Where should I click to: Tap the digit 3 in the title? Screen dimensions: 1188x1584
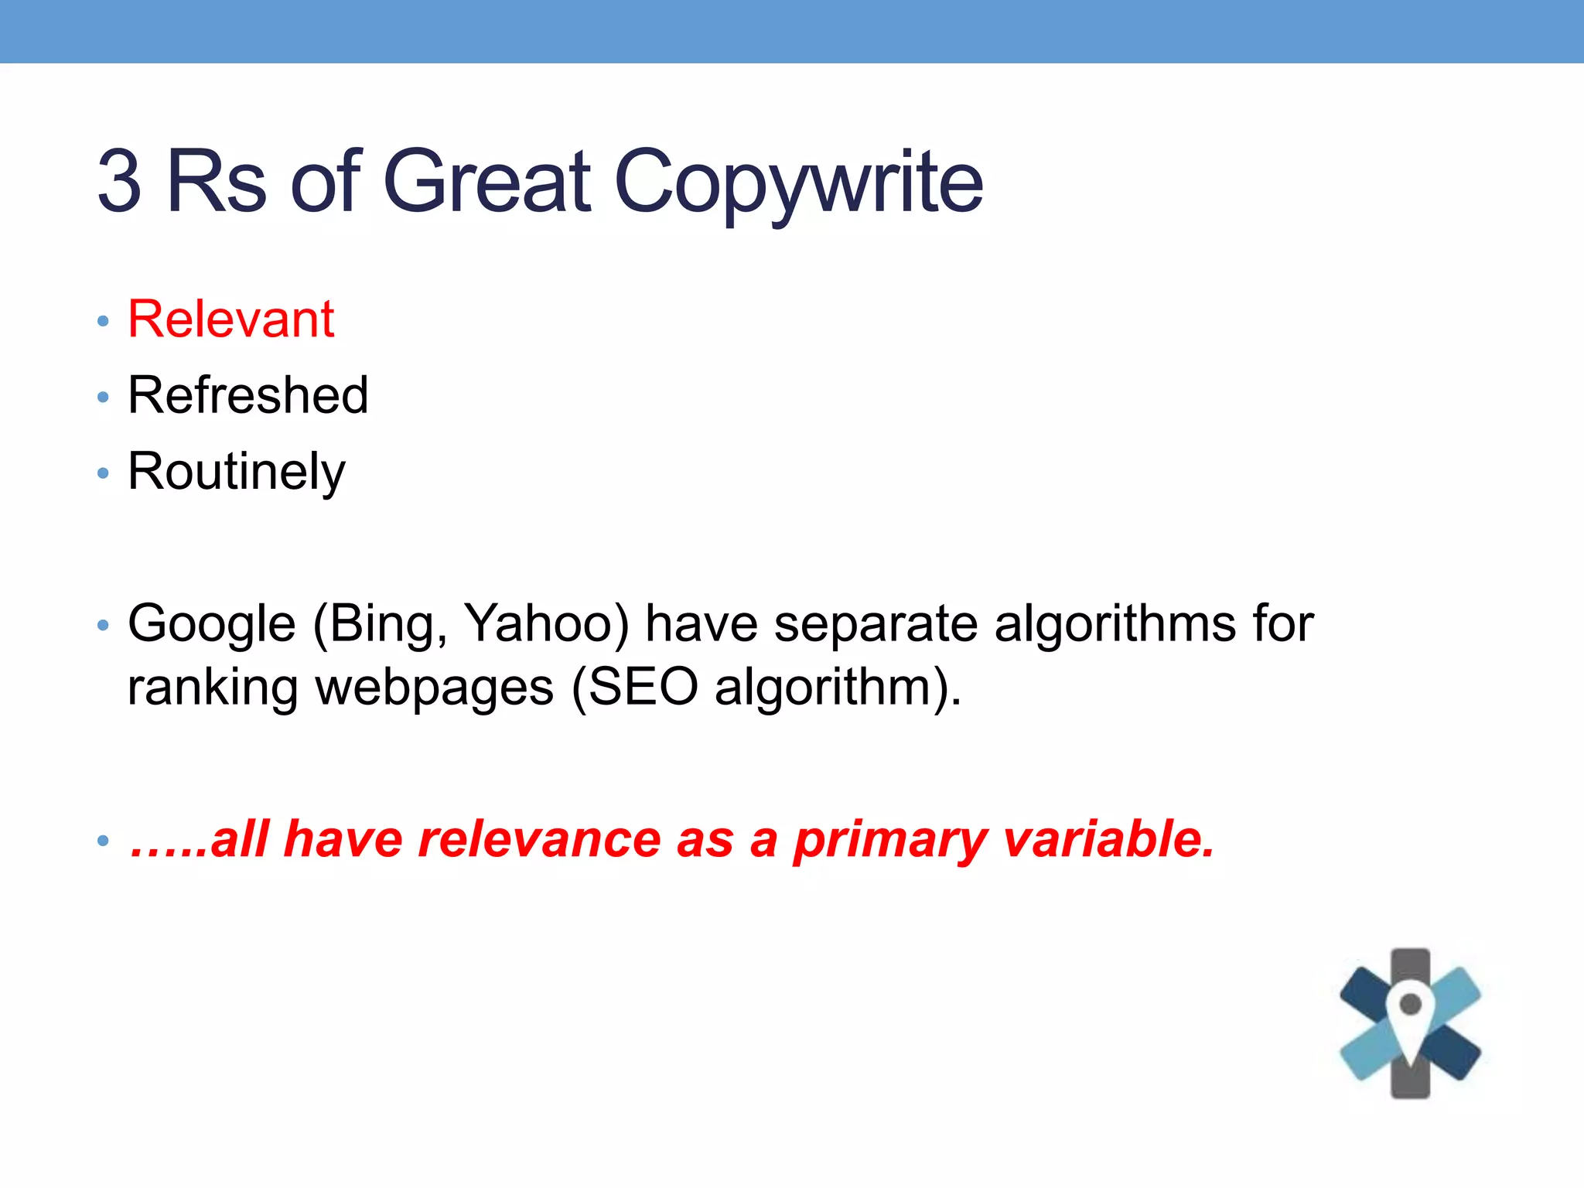point(120,183)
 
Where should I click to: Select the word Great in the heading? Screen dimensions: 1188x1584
point(487,183)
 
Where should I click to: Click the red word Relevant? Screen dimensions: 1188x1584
point(230,319)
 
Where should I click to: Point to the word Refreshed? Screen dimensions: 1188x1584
point(247,395)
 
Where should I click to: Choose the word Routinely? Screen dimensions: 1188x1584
point(236,472)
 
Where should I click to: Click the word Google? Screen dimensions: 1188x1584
point(212,623)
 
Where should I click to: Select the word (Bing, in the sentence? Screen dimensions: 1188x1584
point(380,623)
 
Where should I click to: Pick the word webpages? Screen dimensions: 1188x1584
point(435,688)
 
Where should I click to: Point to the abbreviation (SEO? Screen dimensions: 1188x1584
point(634,688)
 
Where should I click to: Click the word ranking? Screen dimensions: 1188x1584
point(213,688)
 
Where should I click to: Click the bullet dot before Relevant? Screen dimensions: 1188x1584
point(104,321)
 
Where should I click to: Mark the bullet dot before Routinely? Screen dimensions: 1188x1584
point(104,473)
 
